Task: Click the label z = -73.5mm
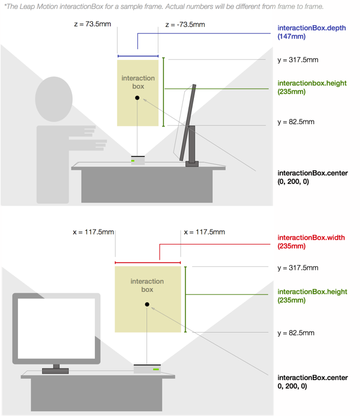tap(185, 26)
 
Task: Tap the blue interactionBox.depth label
tap(303, 32)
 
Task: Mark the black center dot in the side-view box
tap(137, 98)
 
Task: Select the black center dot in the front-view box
tap(146, 305)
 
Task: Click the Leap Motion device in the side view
tap(138, 160)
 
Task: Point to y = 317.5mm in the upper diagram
tap(298, 60)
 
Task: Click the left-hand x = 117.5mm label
tap(93, 232)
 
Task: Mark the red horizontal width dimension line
tap(148, 262)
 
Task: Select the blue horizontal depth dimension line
tap(138, 56)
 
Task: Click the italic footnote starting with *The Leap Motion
tap(164, 7)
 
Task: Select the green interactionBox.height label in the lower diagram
tap(312, 295)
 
